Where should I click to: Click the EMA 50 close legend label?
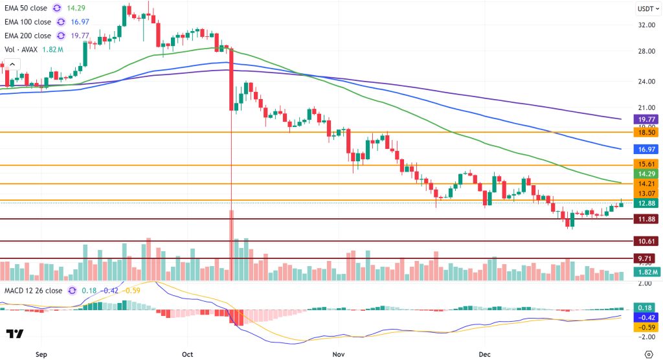pyautogui.click(x=28, y=8)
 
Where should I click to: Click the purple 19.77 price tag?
pyautogui.click(x=647, y=119)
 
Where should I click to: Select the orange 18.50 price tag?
pyautogui.click(x=647, y=131)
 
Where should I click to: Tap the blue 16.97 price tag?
pyautogui.click(x=647, y=149)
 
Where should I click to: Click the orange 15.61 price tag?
pyautogui.click(x=647, y=165)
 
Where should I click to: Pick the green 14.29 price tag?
pyautogui.click(x=647, y=174)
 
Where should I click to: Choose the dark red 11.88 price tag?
pyautogui.click(x=647, y=219)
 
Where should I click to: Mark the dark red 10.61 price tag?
pyautogui.click(x=647, y=242)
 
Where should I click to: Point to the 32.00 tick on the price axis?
pyautogui.click(x=646, y=25)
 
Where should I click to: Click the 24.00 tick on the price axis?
pyautogui.click(x=646, y=82)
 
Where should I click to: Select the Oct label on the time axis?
pyautogui.click(x=188, y=355)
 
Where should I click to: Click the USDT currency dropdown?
pyautogui.click(x=647, y=8)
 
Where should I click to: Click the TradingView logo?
pyautogui.click(x=15, y=334)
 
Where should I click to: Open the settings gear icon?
pyautogui.click(x=649, y=354)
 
